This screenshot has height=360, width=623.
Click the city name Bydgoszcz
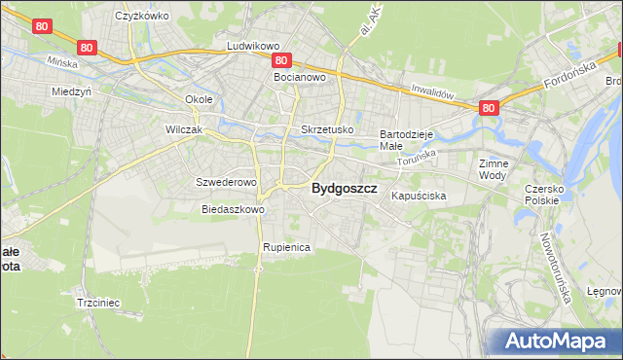pyautogui.click(x=344, y=190)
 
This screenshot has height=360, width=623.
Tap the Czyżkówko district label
pyautogui.click(x=142, y=16)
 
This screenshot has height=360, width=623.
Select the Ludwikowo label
pyautogui.click(x=253, y=46)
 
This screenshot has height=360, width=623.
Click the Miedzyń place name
pyautogui.click(x=71, y=91)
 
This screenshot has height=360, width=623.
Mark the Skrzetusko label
pyautogui.click(x=327, y=129)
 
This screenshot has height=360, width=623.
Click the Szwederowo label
pyautogui.click(x=226, y=182)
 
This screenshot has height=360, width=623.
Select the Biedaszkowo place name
pyautogui.click(x=233, y=209)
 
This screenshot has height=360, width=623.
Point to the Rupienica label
pyautogui.click(x=286, y=248)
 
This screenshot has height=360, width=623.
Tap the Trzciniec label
pyautogui.click(x=97, y=303)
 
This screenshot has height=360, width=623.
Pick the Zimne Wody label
pyautogui.click(x=494, y=170)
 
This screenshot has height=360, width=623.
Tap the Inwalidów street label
pyautogui.click(x=433, y=92)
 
